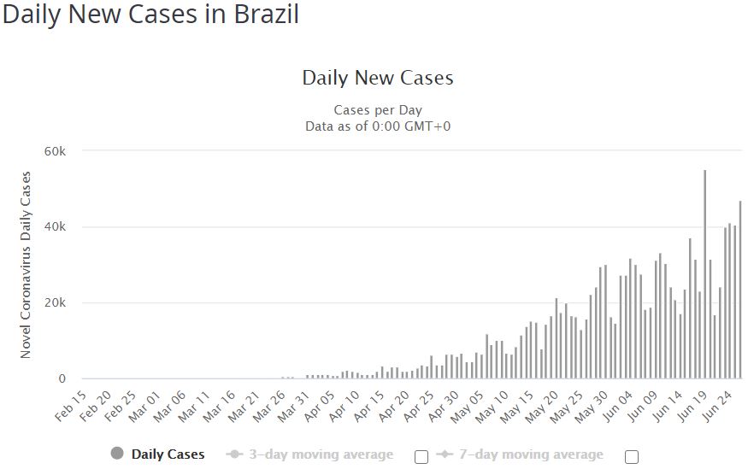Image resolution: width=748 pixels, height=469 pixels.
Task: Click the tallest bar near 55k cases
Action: [704, 273]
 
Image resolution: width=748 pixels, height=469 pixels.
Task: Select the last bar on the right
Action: [740, 290]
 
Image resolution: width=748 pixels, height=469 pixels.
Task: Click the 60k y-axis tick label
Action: [56, 151]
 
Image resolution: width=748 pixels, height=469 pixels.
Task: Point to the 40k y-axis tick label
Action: [56, 227]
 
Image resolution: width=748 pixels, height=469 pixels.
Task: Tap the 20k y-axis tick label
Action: [56, 303]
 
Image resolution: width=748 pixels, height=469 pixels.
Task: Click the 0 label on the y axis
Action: [62, 379]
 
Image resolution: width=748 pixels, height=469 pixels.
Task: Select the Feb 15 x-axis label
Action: [71, 404]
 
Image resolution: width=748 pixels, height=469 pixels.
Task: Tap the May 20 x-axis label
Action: [544, 403]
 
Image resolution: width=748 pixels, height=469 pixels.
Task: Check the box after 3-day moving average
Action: [421, 456]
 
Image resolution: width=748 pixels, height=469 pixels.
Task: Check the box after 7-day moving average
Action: [632, 456]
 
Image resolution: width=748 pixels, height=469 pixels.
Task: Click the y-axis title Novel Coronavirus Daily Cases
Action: [26, 265]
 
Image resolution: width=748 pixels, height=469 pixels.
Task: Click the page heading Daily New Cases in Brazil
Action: [151, 15]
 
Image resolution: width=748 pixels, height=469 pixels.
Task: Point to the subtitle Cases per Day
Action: [378, 110]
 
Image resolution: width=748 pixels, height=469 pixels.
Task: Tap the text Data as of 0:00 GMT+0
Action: [378, 126]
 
